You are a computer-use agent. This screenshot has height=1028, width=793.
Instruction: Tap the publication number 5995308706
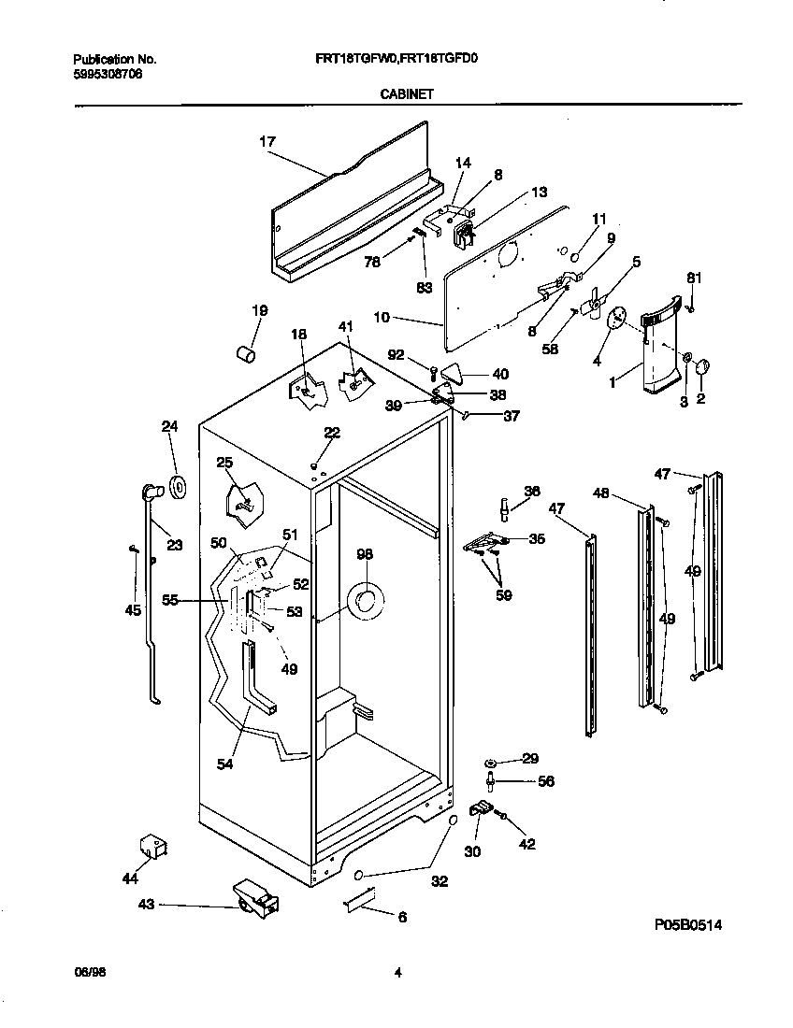click(108, 73)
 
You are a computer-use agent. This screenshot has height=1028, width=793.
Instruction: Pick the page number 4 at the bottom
click(397, 973)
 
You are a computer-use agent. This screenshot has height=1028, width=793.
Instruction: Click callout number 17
click(267, 142)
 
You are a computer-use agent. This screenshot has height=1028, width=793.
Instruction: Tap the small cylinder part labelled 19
click(245, 356)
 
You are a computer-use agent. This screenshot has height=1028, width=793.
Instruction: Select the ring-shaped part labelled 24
click(175, 486)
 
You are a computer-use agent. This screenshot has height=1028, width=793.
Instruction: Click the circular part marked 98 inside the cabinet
click(365, 603)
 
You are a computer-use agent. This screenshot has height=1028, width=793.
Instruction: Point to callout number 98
click(365, 555)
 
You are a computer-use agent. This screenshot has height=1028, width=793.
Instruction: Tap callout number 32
click(439, 881)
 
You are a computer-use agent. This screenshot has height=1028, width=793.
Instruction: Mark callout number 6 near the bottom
click(402, 918)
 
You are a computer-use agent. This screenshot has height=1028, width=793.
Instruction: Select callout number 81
click(694, 278)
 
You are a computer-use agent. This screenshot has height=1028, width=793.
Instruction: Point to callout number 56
click(546, 781)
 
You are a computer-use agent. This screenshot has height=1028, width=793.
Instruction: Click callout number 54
click(224, 764)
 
